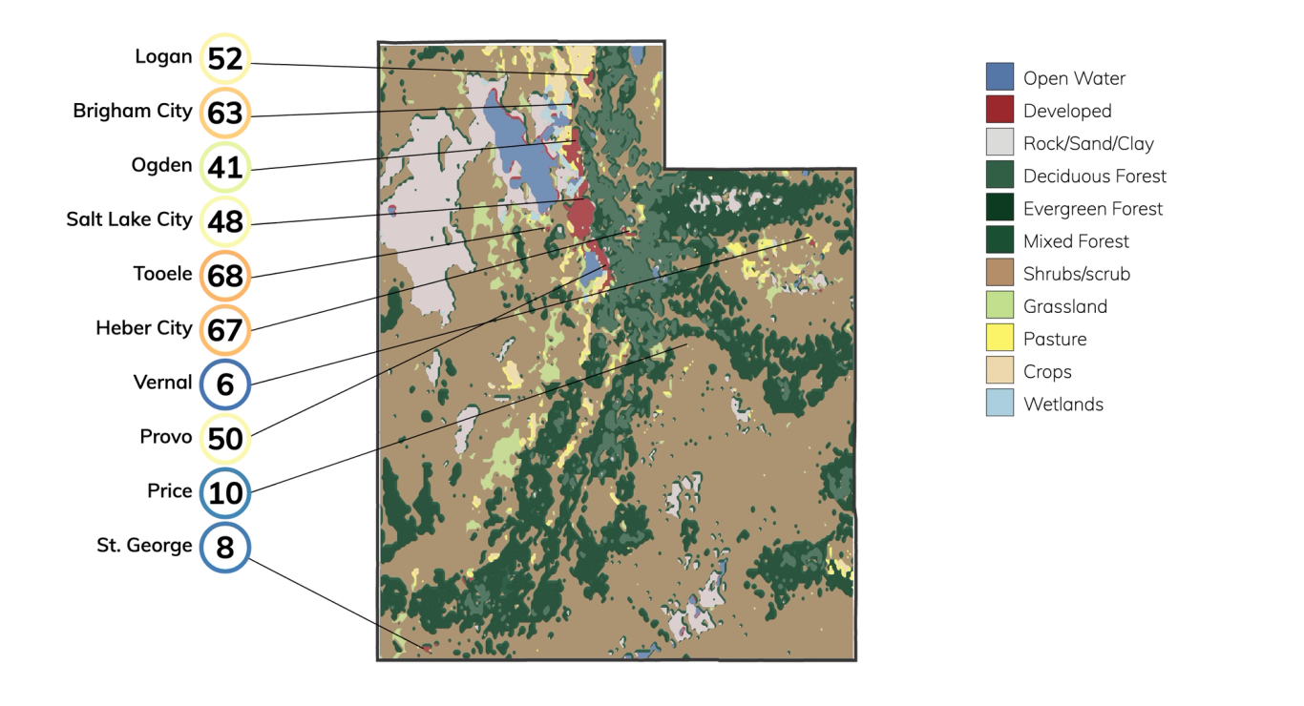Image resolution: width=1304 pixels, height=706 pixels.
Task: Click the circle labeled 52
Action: point(225,60)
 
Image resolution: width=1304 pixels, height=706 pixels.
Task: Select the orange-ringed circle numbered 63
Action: point(225,114)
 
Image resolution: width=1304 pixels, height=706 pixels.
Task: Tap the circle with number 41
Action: point(225,169)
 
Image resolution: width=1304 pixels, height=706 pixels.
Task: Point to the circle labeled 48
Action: point(225,222)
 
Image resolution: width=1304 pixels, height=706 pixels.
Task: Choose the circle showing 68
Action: point(225,277)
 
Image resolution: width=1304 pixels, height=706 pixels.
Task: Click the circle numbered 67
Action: point(225,331)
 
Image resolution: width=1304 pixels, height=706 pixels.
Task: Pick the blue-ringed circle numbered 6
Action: point(225,385)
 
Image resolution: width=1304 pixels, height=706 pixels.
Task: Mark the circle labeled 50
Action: point(225,440)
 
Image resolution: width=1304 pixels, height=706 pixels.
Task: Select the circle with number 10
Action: point(225,494)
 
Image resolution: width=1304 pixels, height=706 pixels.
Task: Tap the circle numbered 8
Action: point(225,549)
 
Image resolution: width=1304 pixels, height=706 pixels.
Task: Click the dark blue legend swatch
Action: point(1000,77)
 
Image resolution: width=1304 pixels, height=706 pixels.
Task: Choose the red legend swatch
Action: point(1000,110)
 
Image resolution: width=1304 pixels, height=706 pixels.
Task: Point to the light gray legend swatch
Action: point(1000,142)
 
